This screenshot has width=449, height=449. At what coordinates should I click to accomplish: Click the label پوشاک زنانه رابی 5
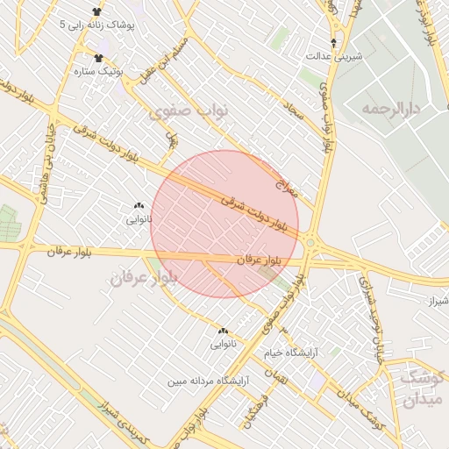pyautogui.click(x=98, y=25)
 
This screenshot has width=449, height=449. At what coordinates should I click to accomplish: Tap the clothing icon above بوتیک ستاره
pyautogui.click(x=96, y=58)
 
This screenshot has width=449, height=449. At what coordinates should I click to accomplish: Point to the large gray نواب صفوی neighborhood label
pyautogui.click(x=188, y=111)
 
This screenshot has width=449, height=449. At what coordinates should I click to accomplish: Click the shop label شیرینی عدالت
pyautogui.click(x=332, y=55)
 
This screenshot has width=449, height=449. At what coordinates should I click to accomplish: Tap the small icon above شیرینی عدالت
pyautogui.click(x=332, y=42)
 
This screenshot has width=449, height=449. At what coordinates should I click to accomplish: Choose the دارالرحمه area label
pyautogui.click(x=391, y=108)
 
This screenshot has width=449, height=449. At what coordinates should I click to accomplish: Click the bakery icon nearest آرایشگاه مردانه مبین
pyautogui.click(x=223, y=331)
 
